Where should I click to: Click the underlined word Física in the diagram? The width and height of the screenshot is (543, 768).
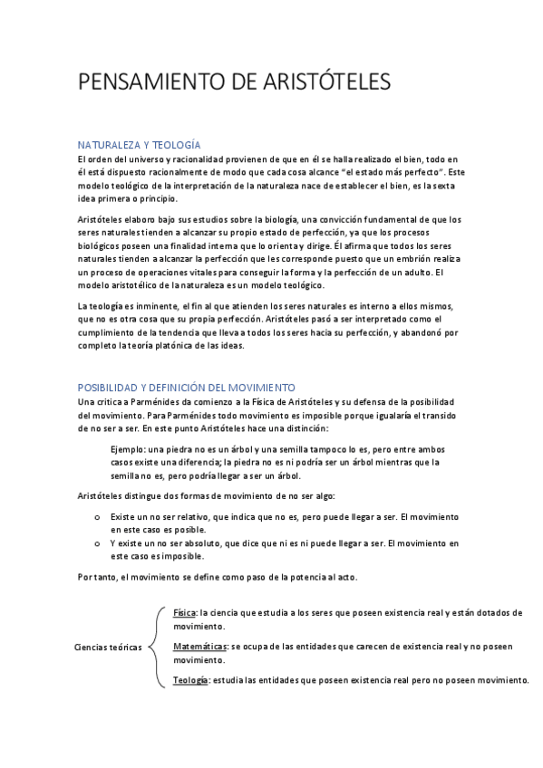click(184, 613)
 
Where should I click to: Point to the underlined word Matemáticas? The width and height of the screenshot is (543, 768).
click(200, 647)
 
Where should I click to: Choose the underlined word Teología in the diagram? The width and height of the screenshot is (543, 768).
click(190, 679)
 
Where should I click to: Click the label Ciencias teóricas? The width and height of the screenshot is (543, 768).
click(107, 648)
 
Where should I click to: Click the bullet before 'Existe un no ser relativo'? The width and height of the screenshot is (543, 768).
click(98, 515)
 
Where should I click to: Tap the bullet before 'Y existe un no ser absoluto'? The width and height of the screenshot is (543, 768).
click(98, 542)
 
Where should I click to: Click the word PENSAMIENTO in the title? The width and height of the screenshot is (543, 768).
click(142, 83)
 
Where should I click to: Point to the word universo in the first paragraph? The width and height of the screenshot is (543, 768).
click(141, 159)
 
